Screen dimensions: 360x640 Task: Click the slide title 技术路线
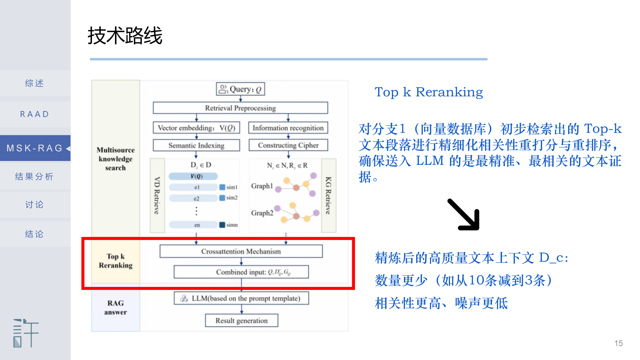tap(125, 36)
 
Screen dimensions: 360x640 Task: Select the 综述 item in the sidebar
tap(34, 83)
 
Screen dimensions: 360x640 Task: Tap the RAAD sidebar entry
tap(34, 114)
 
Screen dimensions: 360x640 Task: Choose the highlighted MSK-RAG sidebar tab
tap(34, 148)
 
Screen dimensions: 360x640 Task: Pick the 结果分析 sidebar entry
tap(34, 177)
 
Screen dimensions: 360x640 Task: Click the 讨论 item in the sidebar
tap(34, 205)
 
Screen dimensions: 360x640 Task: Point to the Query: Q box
tap(240, 89)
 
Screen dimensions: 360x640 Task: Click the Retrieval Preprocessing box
tap(240, 108)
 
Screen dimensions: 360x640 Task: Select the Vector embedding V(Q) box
tap(196, 128)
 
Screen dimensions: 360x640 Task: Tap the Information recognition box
tap(288, 128)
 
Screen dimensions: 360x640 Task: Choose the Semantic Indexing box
tap(196, 145)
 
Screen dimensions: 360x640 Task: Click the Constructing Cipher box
tap(288, 145)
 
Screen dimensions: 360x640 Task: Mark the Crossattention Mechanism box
tap(241, 251)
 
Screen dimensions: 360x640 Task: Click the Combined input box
tap(241, 272)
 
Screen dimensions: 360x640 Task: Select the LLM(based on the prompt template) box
tap(241, 298)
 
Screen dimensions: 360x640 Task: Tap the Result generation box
tap(241, 321)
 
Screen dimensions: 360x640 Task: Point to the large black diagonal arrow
tap(464, 215)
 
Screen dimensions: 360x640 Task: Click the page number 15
tap(618, 343)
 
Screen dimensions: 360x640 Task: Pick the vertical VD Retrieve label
tap(157, 196)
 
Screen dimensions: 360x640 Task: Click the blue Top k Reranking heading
tap(429, 92)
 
